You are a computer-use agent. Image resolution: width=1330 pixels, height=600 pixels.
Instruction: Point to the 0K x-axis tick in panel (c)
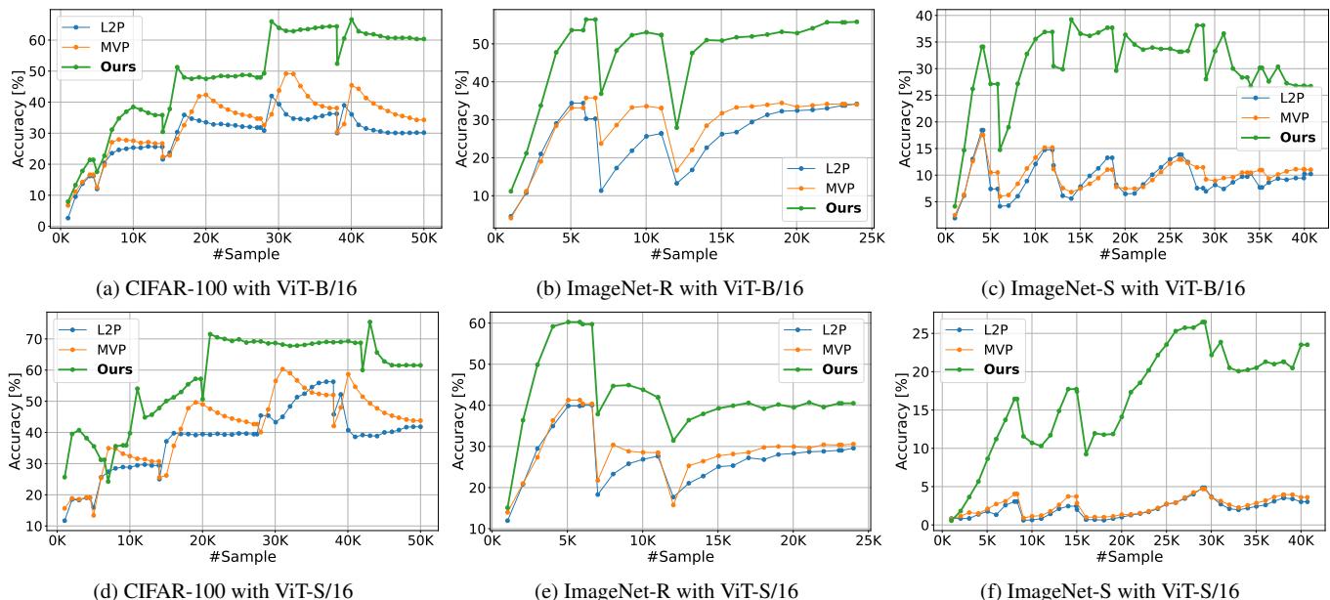pos(947,239)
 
